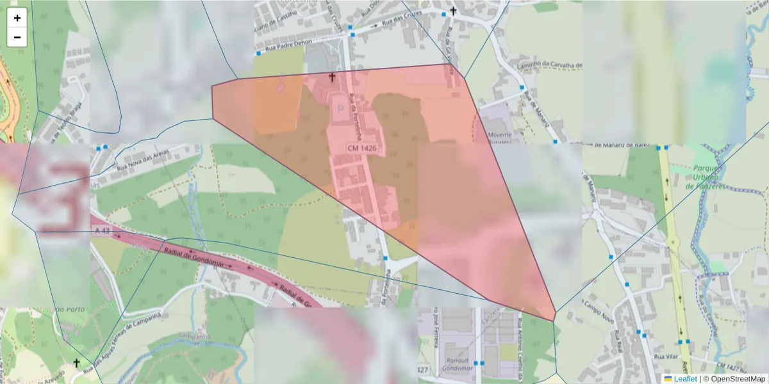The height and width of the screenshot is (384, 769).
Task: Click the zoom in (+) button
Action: [17, 18]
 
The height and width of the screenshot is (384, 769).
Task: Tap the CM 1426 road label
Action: [362, 148]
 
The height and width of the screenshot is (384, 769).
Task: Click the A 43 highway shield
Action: [101, 230]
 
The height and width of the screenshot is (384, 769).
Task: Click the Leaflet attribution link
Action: [685, 379]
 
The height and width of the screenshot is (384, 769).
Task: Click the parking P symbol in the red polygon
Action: [340, 108]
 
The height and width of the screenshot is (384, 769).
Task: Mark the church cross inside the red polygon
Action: [332, 77]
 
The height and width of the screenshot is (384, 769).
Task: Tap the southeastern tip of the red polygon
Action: [554, 321]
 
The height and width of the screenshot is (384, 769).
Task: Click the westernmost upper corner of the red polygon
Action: [212, 86]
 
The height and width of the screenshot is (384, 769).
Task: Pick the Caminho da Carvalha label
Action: [550, 65]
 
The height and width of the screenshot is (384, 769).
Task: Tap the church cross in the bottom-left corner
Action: [77, 363]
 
